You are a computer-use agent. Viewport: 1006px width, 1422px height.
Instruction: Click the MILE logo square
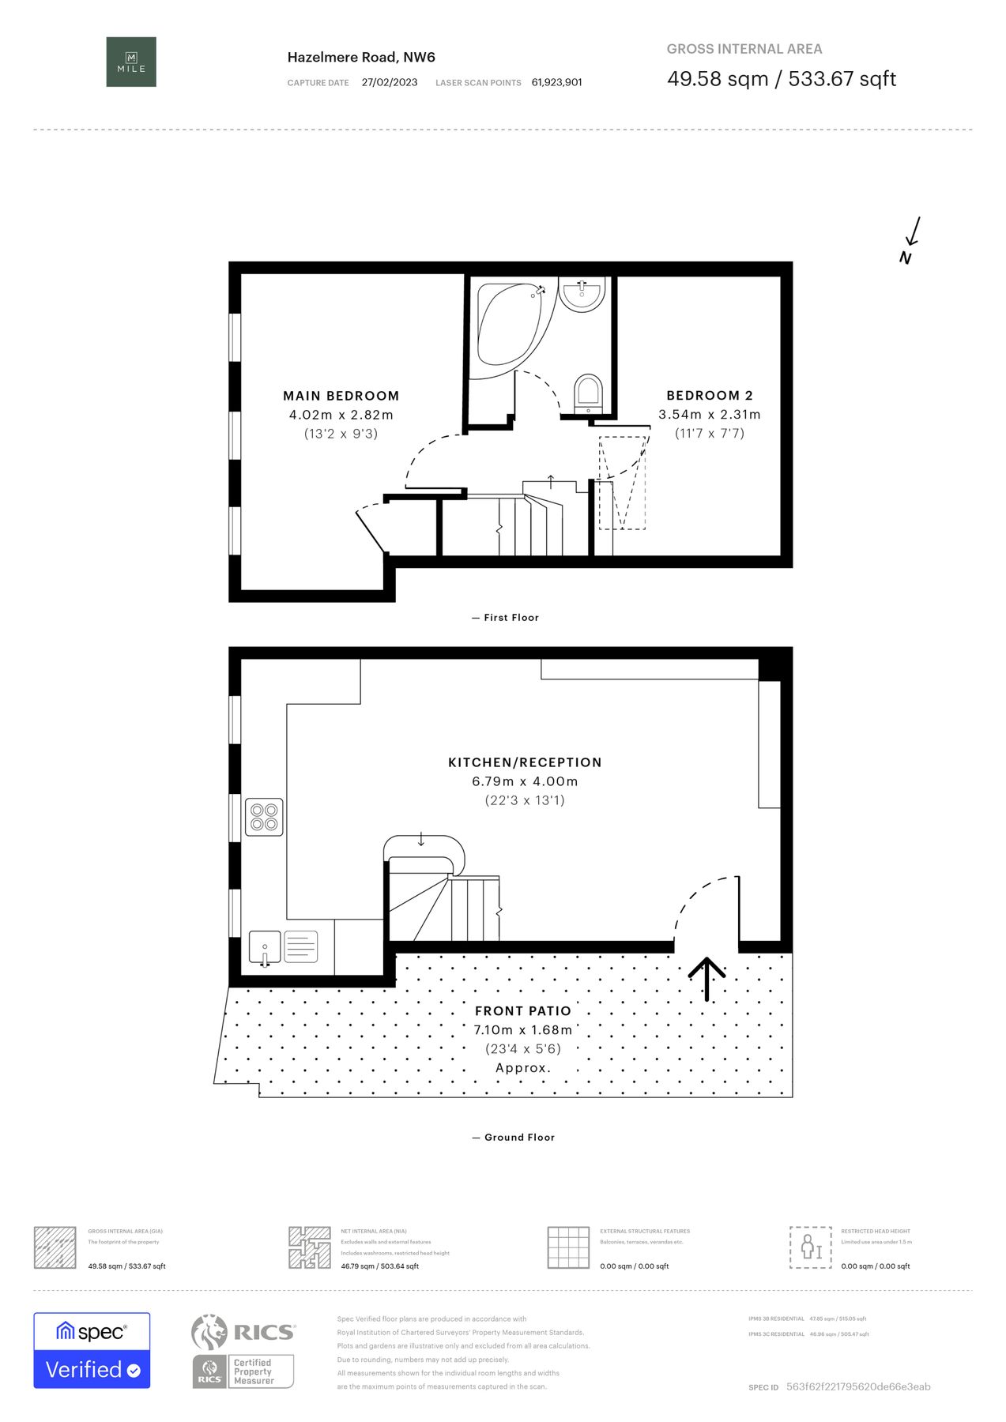(x=131, y=62)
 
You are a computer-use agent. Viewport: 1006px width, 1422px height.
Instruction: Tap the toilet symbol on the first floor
(x=588, y=393)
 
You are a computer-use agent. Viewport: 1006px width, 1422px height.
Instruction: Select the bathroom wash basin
(x=582, y=294)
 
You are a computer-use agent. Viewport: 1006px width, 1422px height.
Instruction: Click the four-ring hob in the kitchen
(x=264, y=817)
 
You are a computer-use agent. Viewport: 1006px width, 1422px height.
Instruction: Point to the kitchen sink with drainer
(x=283, y=946)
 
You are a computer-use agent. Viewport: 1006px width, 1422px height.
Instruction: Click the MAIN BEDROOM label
(x=341, y=396)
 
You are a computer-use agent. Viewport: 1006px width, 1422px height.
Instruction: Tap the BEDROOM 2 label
(x=709, y=395)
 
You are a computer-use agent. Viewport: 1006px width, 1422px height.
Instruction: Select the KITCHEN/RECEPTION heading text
(x=525, y=762)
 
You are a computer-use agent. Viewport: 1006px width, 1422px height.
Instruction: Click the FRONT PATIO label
(x=522, y=1011)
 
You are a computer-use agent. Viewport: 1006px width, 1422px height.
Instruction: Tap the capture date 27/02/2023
(x=389, y=82)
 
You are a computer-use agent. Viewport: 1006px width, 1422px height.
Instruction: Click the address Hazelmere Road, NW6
(x=361, y=57)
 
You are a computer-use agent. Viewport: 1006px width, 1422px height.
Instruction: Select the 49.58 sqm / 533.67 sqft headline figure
(x=781, y=79)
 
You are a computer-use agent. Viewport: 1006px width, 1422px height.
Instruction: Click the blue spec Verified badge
(x=92, y=1350)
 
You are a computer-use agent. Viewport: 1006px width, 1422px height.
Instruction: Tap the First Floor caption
(x=506, y=618)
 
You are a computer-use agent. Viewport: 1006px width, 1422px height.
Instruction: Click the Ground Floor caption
(x=514, y=1138)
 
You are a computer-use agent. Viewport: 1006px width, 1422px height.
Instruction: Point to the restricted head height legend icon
(x=810, y=1247)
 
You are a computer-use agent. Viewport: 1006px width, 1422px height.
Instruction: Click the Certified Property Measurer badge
(x=243, y=1371)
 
